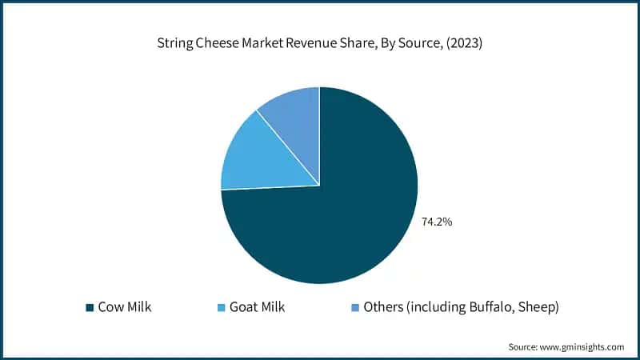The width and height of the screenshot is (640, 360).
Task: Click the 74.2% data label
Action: tap(437, 222)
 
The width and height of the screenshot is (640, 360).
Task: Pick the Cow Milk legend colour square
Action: tap(89, 307)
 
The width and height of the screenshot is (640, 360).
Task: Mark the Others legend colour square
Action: tap(354, 307)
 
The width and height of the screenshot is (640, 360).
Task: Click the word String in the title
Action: tap(174, 45)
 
